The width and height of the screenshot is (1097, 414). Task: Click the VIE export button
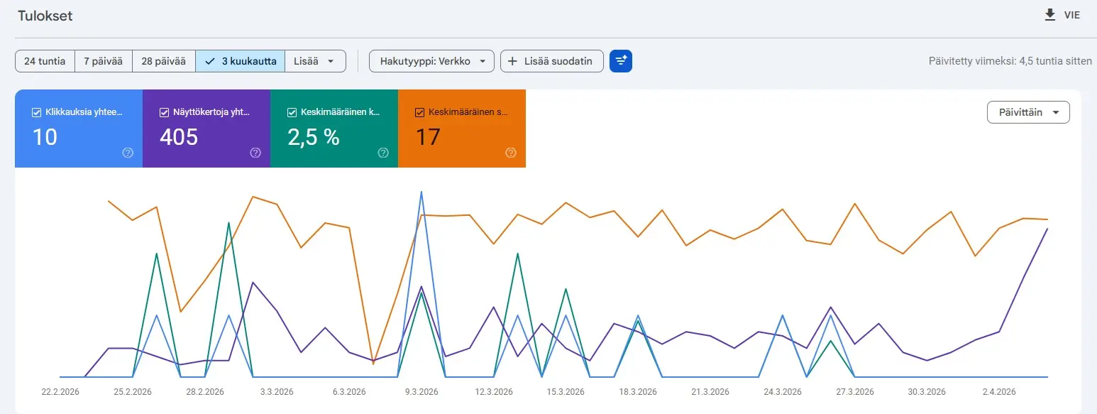[x=1062, y=15]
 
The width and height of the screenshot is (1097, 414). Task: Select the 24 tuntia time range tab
[x=45, y=61]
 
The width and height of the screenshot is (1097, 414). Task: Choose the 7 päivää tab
[x=103, y=61]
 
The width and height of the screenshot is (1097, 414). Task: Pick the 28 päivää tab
[x=163, y=61]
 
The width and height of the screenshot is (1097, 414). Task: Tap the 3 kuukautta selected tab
[x=241, y=61]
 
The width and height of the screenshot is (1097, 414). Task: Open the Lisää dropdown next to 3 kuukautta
[x=315, y=61]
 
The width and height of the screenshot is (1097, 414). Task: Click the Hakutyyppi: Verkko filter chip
[x=431, y=61]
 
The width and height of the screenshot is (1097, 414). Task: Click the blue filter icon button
[x=621, y=61]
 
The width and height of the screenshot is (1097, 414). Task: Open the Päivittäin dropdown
[x=1028, y=112]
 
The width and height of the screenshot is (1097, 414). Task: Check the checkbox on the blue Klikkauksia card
[x=37, y=112]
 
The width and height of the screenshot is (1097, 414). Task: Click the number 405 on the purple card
[x=179, y=137]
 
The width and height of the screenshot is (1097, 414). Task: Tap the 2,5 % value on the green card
[x=313, y=137]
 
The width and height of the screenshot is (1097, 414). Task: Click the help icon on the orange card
[x=510, y=153]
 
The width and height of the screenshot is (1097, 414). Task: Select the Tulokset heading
[x=45, y=16]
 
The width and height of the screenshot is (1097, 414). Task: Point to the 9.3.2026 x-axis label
[x=421, y=392]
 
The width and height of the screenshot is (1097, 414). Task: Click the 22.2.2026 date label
[x=60, y=392]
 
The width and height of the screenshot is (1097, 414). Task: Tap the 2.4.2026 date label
[x=998, y=392]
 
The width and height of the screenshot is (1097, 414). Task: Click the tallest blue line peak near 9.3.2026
[x=421, y=192]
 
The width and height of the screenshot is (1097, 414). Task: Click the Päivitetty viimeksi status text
[x=1010, y=61]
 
